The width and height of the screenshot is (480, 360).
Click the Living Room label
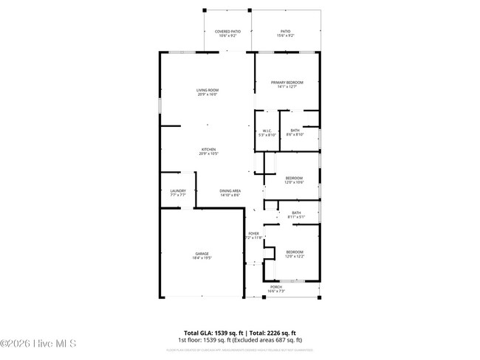[x=208, y=90]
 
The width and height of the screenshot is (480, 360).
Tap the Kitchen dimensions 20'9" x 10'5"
[x=208, y=154]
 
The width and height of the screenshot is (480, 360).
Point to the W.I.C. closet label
[x=267, y=131]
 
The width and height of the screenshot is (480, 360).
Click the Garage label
[x=202, y=254]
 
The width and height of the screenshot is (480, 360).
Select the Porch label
[x=275, y=286]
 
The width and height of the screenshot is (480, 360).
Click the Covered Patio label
[x=227, y=32]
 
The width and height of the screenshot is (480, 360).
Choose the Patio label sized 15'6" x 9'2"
[x=285, y=32]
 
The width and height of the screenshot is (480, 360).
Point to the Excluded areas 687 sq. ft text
[x=278, y=341]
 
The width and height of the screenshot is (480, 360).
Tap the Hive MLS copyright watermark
[x=44, y=344]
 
